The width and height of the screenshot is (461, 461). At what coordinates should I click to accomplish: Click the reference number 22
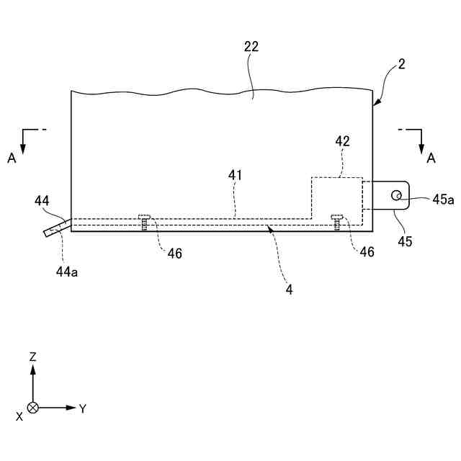(251, 47)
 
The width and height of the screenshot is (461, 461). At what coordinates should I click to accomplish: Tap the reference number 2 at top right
(401, 64)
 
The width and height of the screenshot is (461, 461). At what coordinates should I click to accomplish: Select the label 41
(236, 175)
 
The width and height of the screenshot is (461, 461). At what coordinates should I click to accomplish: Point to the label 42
(342, 142)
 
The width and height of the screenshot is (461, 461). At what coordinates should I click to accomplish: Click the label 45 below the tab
(405, 241)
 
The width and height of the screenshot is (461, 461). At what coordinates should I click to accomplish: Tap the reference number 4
(290, 289)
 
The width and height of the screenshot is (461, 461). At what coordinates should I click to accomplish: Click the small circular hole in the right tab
(396, 194)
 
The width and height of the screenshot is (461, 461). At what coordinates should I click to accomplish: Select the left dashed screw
(145, 221)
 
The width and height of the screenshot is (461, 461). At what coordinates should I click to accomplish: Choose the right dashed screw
(336, 221)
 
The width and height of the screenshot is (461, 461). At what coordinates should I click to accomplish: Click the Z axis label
(33, 357)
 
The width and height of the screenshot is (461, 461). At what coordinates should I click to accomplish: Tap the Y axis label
(83, 408)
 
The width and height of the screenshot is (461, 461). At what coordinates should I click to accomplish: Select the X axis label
(19, 416)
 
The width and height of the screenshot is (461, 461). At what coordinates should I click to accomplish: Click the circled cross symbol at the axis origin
(32, 408)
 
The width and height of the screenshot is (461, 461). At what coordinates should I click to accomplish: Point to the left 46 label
(175, 253)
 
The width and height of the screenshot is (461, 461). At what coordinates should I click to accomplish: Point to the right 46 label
(367, 253)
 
